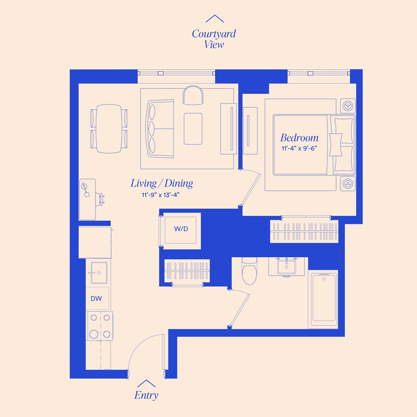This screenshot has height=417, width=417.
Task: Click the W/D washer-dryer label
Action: tap(181, 229)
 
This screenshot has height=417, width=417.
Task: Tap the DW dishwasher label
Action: tap(96, 299)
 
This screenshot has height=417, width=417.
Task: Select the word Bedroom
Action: tap(299, 138)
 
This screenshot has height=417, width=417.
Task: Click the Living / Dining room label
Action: tap(162, 183)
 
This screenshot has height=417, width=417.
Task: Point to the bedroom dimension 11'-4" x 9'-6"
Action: tap(299, 148)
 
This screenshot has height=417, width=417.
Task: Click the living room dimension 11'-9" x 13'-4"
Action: tap(161, 195)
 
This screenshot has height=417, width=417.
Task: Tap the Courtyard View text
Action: tap(214, 39)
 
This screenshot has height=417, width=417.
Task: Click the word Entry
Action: tap(146, 395)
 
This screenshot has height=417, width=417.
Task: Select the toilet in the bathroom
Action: tap(249, 271)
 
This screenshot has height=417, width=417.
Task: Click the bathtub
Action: tap(324, 299)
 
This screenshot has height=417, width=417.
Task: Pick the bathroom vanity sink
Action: tap(286, 267)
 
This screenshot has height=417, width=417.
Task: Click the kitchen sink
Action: tap(99, 273)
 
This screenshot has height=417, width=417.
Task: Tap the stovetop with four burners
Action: tap(100, 326)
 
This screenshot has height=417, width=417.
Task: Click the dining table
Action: tap(109, 129)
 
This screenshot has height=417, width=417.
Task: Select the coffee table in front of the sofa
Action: tap(193, 129)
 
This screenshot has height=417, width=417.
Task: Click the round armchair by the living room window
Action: tap(193, 95)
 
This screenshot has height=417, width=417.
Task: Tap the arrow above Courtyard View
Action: tap(215, 18)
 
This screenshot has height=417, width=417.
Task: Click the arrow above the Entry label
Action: tap(146, 383)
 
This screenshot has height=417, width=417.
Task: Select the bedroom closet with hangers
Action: tap(304, 231)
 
